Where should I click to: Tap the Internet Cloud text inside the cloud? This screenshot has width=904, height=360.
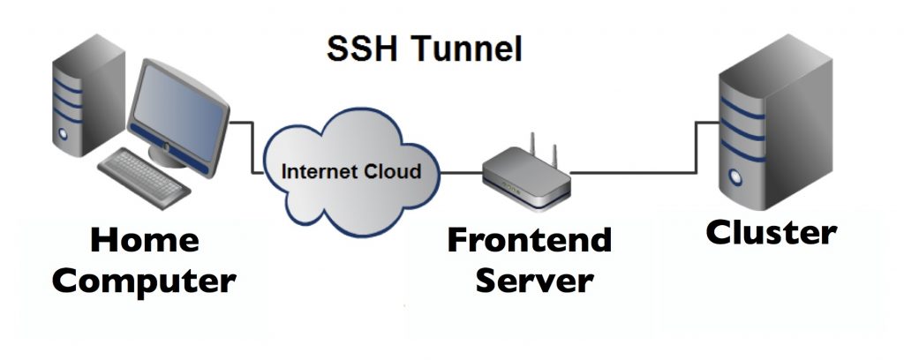coord(350,170)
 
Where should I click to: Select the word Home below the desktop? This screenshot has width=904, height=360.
coord(145,240)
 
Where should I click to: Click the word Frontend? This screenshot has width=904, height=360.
coord(529,240)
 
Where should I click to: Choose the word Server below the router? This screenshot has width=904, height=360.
coord(531,281)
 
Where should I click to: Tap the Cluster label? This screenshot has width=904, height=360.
coord(771,233)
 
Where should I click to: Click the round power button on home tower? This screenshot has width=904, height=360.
coord(63,135)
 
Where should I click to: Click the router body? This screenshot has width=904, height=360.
coord(527,183)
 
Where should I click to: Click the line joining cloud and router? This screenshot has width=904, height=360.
coord(462,172)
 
